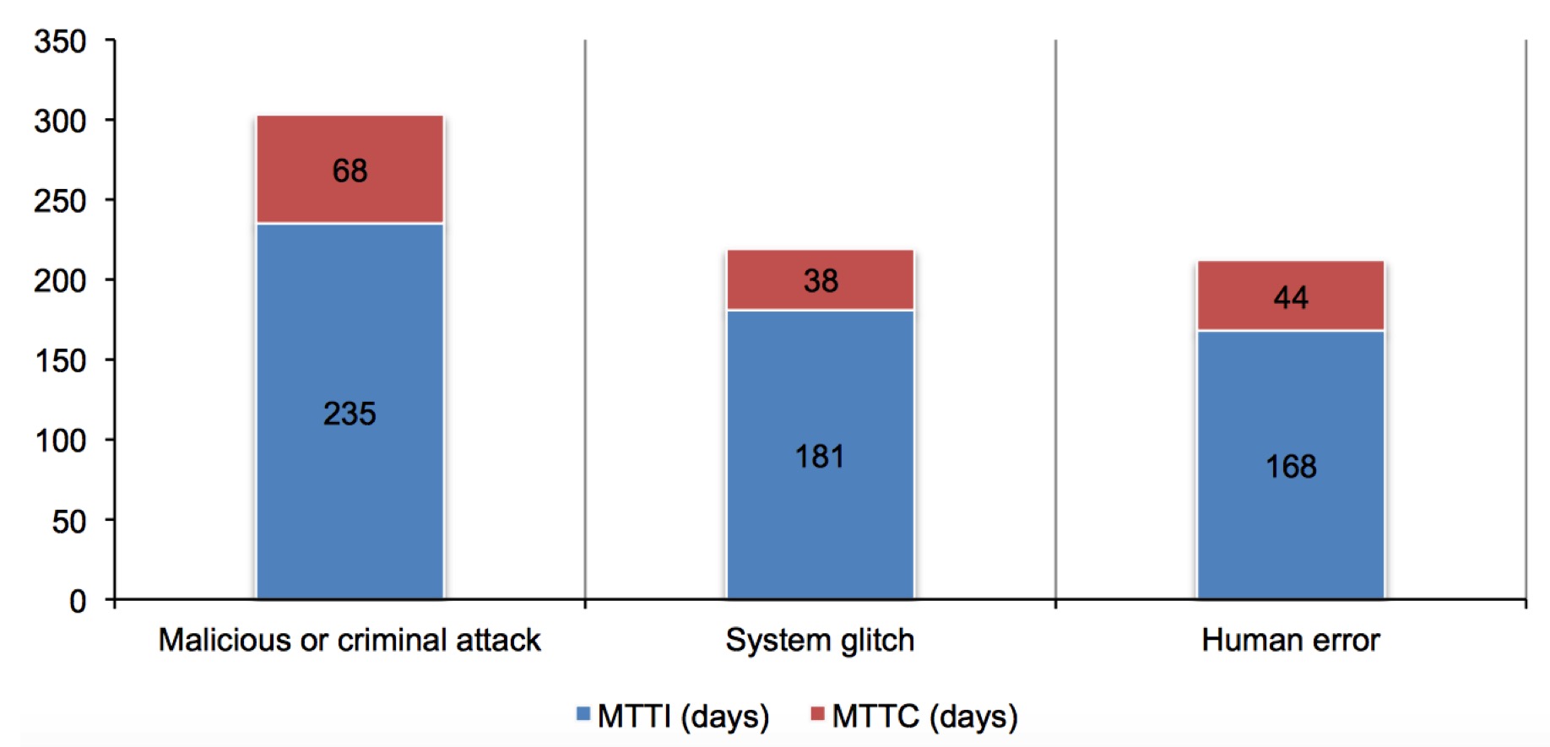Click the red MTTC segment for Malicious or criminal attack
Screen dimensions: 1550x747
point(350,169)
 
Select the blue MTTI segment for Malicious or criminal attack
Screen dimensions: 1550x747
point(350,411)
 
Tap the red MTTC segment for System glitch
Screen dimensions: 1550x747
point(821,279)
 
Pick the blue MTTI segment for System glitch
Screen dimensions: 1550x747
point(821,455)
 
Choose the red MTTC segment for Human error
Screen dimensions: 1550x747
point(1291,295)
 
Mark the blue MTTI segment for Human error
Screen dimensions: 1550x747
point(1291,465)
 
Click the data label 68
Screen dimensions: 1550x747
point(350,171)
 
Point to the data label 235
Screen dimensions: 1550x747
point(350,414)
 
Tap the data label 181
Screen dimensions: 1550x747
point(820,457)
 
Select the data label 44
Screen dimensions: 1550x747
point(1291,298)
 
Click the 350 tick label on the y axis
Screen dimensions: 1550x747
point(60,41)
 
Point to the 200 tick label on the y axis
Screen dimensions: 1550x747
point(60,280)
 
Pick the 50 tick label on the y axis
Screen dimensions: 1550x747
point(69,522)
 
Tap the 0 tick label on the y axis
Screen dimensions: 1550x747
point(78,601)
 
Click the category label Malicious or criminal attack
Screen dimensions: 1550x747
point(350,641)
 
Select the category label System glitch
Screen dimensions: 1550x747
point(820,641)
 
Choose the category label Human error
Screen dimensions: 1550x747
point(1291,641)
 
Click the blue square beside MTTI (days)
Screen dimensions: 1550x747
point(583,714)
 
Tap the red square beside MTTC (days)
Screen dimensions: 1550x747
point(817,714)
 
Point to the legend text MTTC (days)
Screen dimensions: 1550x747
point(925,717)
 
